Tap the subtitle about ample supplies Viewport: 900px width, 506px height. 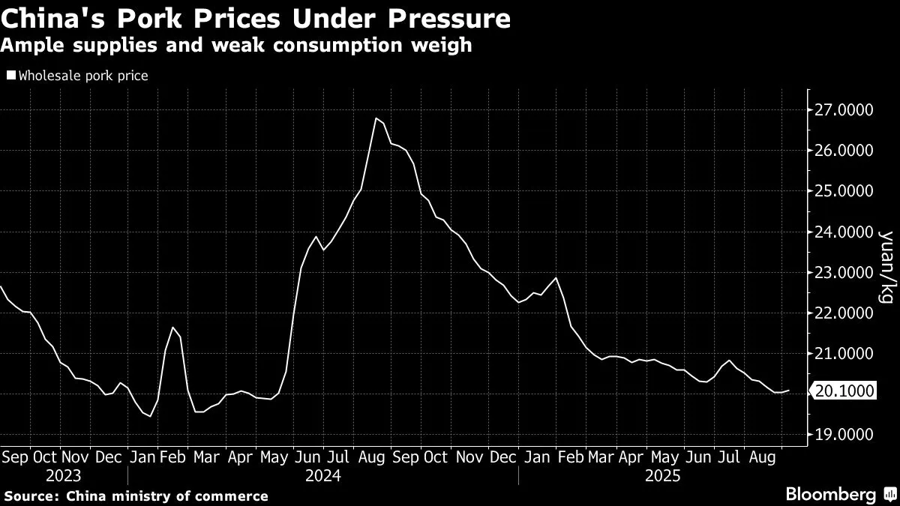click(236, 45)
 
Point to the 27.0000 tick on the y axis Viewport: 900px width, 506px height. click(843, 110)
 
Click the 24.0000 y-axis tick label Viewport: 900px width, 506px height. click(843, 232)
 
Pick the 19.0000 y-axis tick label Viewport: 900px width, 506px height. click(843, 434)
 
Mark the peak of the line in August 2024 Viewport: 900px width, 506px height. click(375, 118)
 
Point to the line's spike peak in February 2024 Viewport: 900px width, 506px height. click(172, 328)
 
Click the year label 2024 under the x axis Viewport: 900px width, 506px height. click(322, 475)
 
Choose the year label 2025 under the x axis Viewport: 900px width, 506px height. click(661, 475)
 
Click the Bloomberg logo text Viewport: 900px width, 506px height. click(830, 494)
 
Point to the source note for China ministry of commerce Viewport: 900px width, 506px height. click(136, 496)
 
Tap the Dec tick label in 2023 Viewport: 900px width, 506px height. click(110, 456)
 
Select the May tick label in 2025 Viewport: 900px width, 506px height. click(663, 456)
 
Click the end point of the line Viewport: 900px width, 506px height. click(789, 390)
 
